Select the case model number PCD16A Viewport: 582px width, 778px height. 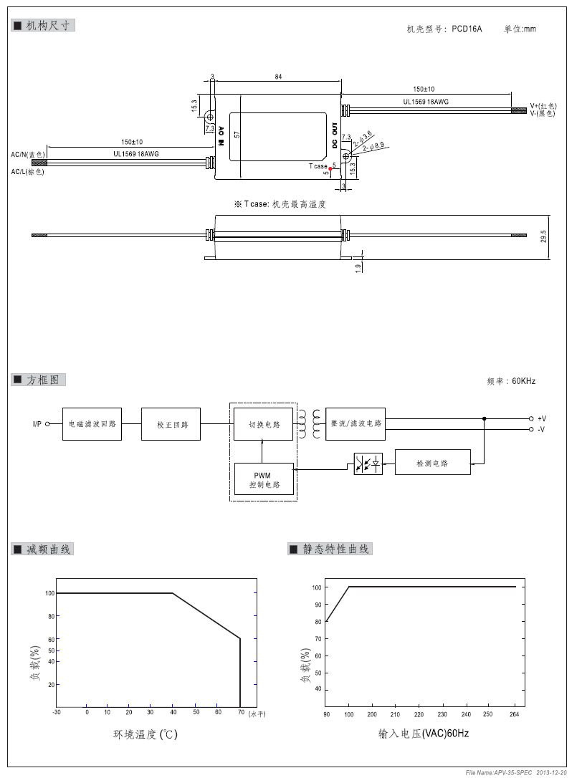(467, 29)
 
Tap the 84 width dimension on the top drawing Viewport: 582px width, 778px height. (277, 77)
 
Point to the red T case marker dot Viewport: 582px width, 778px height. (330, 168)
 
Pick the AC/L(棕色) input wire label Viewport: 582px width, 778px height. (27, 172)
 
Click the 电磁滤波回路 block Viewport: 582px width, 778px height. (92, 424)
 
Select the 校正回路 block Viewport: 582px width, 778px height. (171, 424)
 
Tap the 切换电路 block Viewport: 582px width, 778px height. (263, 424)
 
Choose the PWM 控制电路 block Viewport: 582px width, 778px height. (263, 480)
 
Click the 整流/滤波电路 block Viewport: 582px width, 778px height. (355, 424)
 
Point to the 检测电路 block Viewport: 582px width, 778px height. (432, 463)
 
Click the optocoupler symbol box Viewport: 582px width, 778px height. (368, 464)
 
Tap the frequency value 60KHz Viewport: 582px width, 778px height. (524, 382)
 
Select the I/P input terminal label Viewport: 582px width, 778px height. (37, 424)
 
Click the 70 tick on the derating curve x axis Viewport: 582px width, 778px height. (240, 712)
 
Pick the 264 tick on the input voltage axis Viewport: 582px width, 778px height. (513, 714)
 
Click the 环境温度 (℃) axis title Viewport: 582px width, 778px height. (145, 735)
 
